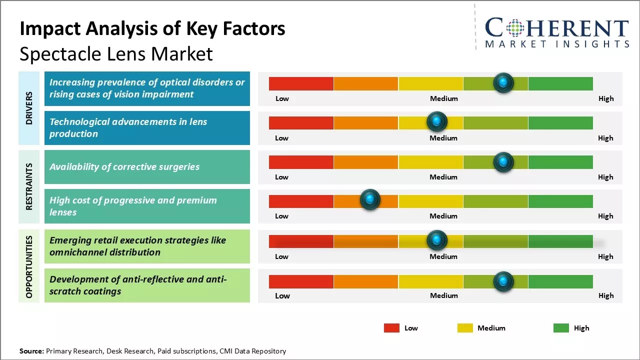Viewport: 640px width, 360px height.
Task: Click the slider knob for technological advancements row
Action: point(437,121)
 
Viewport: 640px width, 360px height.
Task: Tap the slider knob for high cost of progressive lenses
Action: point(370,200)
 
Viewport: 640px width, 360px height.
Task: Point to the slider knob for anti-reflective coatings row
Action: point(503,281)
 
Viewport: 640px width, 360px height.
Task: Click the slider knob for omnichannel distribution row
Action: point(437,240)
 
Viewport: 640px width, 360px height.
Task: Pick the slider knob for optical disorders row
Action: point(503,82)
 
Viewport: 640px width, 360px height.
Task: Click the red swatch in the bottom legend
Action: point(391,328)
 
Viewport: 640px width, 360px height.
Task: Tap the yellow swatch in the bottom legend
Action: point(465,328)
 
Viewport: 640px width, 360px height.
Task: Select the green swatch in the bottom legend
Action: point(561,328)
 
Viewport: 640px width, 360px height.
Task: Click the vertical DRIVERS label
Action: point(29,108)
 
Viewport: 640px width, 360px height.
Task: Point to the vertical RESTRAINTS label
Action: point(29,186)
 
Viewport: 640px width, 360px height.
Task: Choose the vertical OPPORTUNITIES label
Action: point(29,267)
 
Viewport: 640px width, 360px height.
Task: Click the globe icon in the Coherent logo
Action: point(515,28)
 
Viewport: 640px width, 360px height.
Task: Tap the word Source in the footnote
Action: point(31,351)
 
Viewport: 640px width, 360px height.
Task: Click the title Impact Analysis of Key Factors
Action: point(152,29)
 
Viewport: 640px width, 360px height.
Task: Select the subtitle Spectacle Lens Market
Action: point(116,54)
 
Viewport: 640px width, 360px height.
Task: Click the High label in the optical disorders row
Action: point(606,98)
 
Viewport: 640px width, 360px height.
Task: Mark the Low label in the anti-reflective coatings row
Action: point(282,295)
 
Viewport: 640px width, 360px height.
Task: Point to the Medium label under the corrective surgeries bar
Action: point(443,177)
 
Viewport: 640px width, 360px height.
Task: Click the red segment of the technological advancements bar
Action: point(301,123)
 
